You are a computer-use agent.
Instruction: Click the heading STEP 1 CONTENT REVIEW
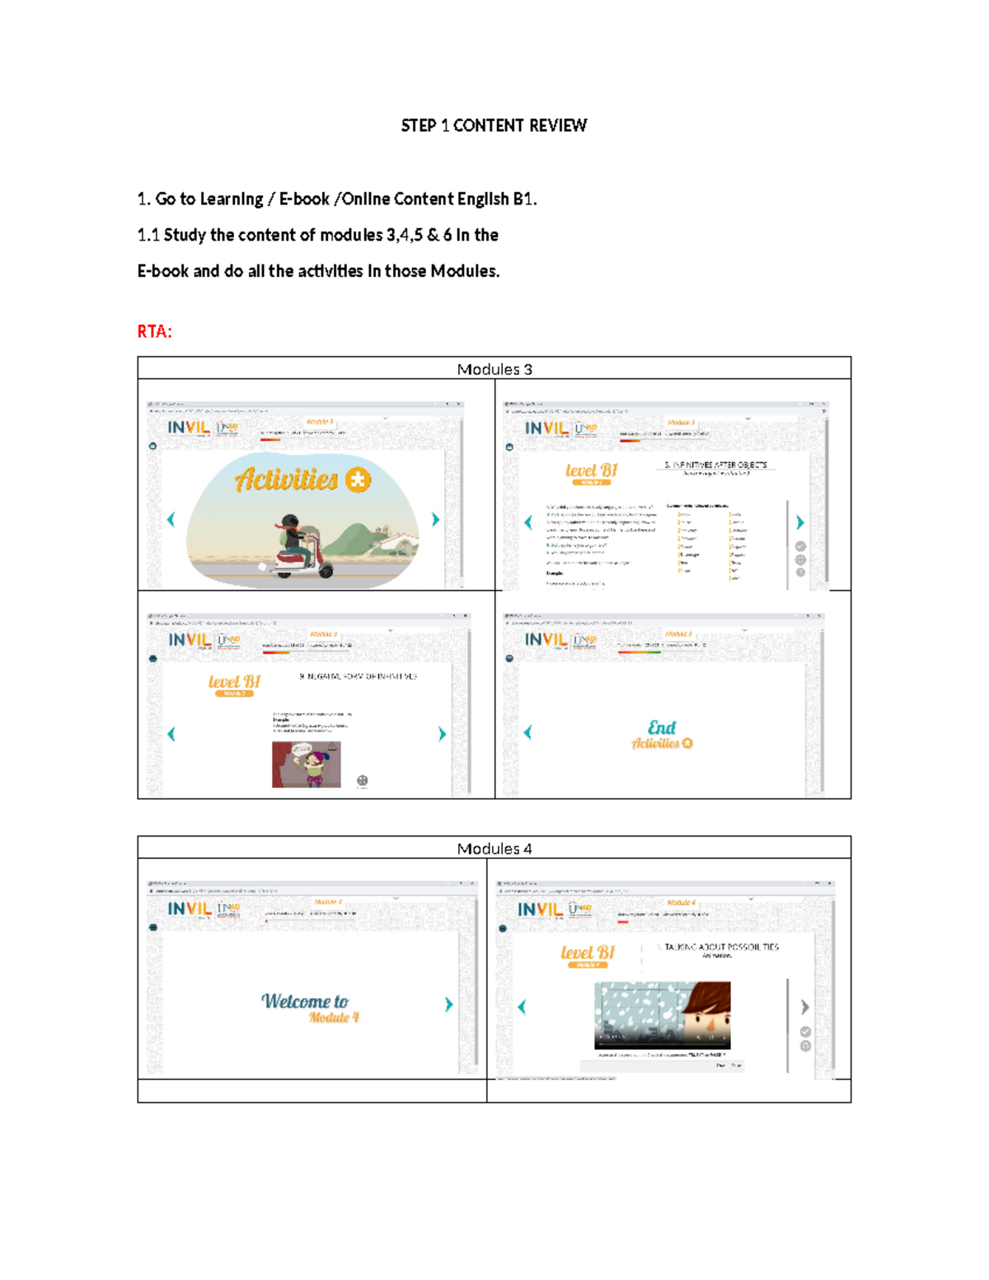pos(494,125)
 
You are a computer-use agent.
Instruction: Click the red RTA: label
pos(154,331)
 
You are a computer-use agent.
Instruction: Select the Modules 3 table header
pos(494,369)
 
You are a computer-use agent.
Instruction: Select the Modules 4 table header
pos(494,848)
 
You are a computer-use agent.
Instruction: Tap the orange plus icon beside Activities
pos(359,480)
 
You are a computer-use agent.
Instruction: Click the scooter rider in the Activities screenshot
pos(293,544)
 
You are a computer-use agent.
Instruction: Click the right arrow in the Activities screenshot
pos(435,519)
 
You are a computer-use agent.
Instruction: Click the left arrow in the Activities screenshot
pos(171,519)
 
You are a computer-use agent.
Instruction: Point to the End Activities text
pos(662,734)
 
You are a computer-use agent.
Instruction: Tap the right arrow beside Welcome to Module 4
pos(448,1004)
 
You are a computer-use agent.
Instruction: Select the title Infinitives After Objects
pos(715,466)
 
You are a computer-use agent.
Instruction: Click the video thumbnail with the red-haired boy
pos(662,1014)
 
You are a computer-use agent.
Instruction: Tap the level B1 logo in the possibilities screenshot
pos(588,954)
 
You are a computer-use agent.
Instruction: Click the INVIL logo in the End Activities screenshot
pos(546,640)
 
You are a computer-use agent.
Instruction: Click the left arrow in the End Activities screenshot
pos(527,732)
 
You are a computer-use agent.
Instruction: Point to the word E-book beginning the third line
pos(162,271)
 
